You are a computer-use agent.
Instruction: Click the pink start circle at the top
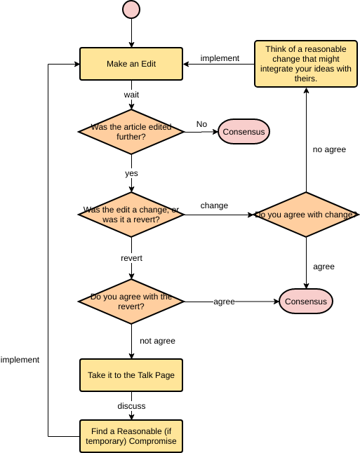[x=131, y=9]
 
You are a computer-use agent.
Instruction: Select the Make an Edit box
[x=131, y=64]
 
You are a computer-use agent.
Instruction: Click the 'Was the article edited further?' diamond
[x=131, y=131]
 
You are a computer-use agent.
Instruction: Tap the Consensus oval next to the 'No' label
[x=244, y=131]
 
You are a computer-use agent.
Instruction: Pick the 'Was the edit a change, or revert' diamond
[x=131, y=215]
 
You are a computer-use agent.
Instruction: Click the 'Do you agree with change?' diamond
[x=306, y=215]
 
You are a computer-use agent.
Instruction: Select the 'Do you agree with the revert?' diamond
[x=131, y=302]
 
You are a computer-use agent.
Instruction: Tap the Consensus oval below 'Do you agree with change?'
[x=306, y=302]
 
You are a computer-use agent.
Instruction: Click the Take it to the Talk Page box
[x=131, y=375]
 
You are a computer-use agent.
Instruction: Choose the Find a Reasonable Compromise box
[x=131, y=435]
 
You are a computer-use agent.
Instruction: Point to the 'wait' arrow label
[x=131, y=94]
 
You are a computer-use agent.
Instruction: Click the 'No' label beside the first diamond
[x=201, y=124]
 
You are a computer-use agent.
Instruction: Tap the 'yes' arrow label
[x=131, y=173]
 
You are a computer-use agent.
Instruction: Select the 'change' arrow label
[x=214, y=205]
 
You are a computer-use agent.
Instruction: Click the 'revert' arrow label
[x=131, y=258]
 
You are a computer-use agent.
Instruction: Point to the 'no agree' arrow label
[x=329, y=149]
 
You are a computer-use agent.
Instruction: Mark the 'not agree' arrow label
[x=157, y=341]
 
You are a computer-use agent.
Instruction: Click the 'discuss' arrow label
[x=131, y=405]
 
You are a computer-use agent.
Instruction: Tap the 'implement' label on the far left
[x=20, y=360]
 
